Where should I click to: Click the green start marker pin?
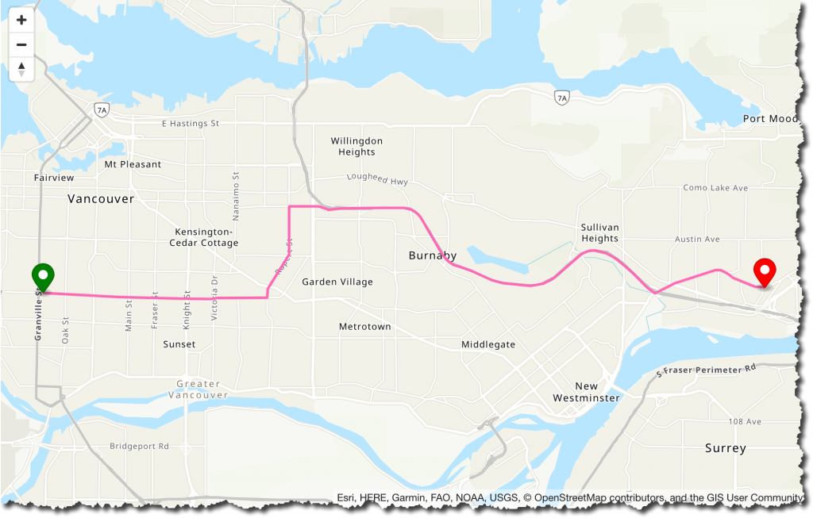[43, 277]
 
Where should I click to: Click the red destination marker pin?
[765, 272]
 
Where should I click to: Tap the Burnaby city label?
[433, 255]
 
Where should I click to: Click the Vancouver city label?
[101, 199]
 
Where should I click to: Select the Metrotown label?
[364, 327]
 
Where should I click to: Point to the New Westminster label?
[586, 392]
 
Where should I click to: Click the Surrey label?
[725, 448]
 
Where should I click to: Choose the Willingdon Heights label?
[356, 146]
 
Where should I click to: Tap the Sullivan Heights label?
[599, 232]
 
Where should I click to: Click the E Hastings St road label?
[190, 124]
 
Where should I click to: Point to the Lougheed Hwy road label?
[377, 181]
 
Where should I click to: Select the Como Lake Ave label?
[715, 188]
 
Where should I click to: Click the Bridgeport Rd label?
[140, 446]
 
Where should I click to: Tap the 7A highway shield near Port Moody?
[561, 98]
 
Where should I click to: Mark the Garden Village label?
[337, 282]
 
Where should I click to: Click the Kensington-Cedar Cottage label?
[203, 237]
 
